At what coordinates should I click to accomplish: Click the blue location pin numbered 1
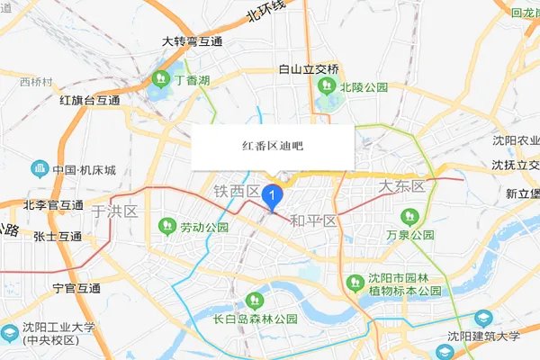pos(276,194)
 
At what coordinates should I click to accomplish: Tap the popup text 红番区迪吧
pos(272,145)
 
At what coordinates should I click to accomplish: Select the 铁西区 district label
pos(237,192)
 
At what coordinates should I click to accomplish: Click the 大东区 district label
pos(400,186)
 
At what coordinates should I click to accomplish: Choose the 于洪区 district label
pos(114,212)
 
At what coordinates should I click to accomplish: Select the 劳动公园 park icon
pos(166,225)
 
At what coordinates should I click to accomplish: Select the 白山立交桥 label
pos(309,69)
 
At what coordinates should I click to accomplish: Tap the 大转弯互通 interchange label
pos(192,41)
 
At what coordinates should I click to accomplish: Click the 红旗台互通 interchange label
pos(90,100)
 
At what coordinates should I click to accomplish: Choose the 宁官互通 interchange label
pos(76,288)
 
